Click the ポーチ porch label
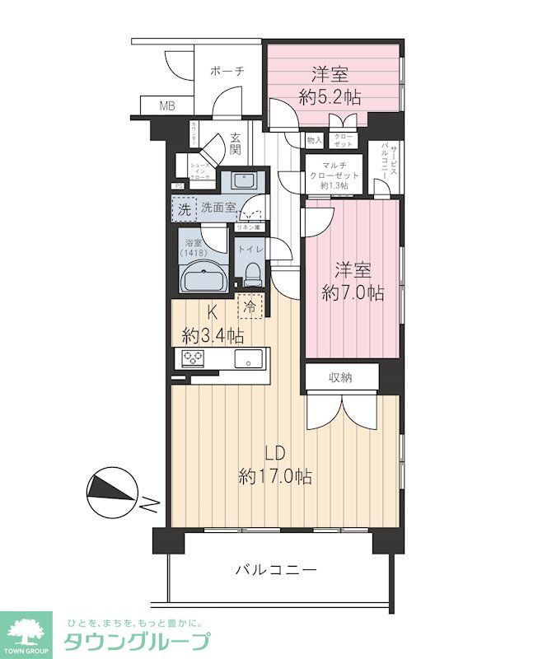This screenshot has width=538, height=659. pos(227,71)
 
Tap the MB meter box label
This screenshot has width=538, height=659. pos(167,106)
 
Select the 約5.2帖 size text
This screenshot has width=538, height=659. pos(330,96)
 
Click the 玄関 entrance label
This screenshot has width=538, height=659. pos(236,144)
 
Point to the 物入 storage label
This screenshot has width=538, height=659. pos(314,142)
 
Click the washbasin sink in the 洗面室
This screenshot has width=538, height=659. pos(242,180)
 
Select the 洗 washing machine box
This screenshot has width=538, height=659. pos(184,208)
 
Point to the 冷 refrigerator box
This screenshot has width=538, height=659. pos(250,306)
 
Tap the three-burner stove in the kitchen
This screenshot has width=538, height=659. pos(194,358)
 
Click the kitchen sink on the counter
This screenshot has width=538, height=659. pos(246,358)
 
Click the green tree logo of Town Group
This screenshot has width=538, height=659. pos(28,633)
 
